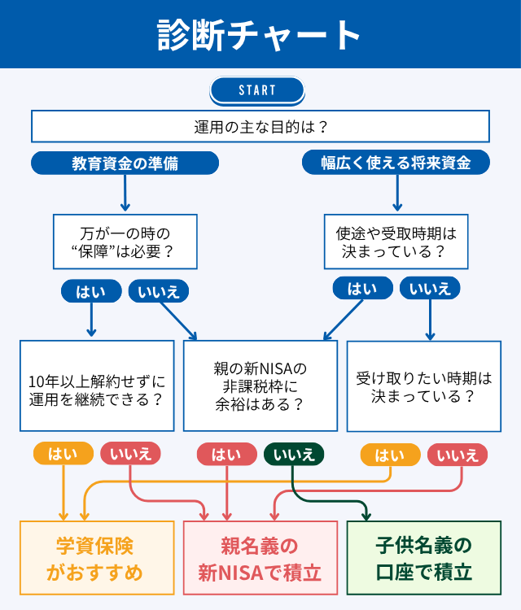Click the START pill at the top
(x=257, y=90)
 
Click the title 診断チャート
(x=260, y=35)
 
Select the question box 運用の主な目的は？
(x=260, y=127)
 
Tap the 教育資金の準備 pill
(x=125, y=163)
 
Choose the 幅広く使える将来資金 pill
(x=396, y=163)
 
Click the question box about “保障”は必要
(x=125, y=242)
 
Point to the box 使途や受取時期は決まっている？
(x=396, y=242)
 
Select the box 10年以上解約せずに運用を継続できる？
(x=97, y=386)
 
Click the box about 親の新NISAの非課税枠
(x=260, y=386)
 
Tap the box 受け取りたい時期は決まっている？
(x=423, y=386)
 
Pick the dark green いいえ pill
(x=294, y=455)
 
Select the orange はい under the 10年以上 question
(x=63, y=454)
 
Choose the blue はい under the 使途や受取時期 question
(x=362, y=289)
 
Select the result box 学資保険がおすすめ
(x=97, y=558)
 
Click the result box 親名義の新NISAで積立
(x=260, y=558)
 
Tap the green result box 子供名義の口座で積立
(x=423, y=558)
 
